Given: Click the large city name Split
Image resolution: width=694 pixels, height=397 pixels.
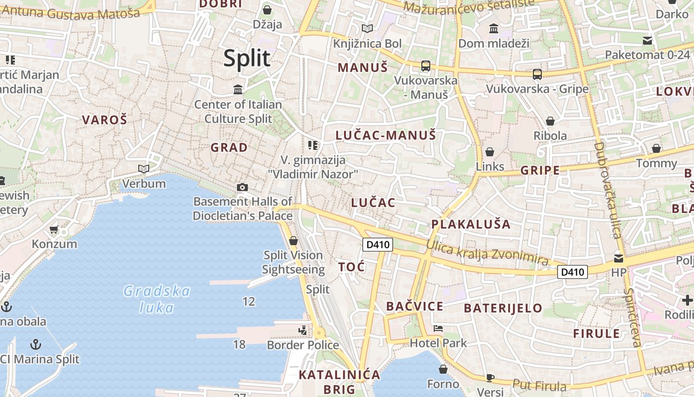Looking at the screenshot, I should click(247, 59).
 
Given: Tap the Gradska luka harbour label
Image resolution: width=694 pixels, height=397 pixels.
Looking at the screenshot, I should click(157, 299).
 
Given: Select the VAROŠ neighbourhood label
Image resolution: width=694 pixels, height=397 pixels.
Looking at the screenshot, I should click(105, 120).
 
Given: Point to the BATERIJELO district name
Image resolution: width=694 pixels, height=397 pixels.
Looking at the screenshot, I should click(503, 308).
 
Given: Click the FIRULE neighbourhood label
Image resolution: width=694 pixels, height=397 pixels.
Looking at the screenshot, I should click(596, 333).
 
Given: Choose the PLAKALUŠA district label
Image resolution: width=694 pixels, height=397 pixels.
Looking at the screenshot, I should click(471, 224).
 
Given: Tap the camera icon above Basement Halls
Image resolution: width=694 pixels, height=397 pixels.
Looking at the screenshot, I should click(242, 187).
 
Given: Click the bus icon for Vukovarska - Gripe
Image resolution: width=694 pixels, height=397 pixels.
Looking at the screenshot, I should click(537, 74).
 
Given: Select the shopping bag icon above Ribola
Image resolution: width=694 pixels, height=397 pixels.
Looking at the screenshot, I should click(550, 121).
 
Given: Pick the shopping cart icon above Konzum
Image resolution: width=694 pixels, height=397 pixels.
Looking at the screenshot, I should click(54, 229).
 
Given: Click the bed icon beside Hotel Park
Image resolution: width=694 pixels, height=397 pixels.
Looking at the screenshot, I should click(438, 328).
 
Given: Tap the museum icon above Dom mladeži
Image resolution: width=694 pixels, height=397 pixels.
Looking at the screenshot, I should click(494, 29).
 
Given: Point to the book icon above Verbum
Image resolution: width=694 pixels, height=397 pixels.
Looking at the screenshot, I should click(144, 169).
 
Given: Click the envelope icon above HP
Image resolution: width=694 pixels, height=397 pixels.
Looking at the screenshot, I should click(619, 258).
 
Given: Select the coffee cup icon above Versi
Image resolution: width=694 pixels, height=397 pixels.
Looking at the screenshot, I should click(490, 378).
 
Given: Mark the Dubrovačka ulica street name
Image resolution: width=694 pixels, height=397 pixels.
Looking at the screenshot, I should click(608, 191).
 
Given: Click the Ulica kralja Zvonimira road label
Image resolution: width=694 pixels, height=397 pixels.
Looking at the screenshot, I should click(487, 253).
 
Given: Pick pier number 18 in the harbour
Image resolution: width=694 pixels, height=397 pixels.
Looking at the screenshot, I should click(239, 344).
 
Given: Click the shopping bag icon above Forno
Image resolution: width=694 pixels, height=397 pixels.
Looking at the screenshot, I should click(443, 369).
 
